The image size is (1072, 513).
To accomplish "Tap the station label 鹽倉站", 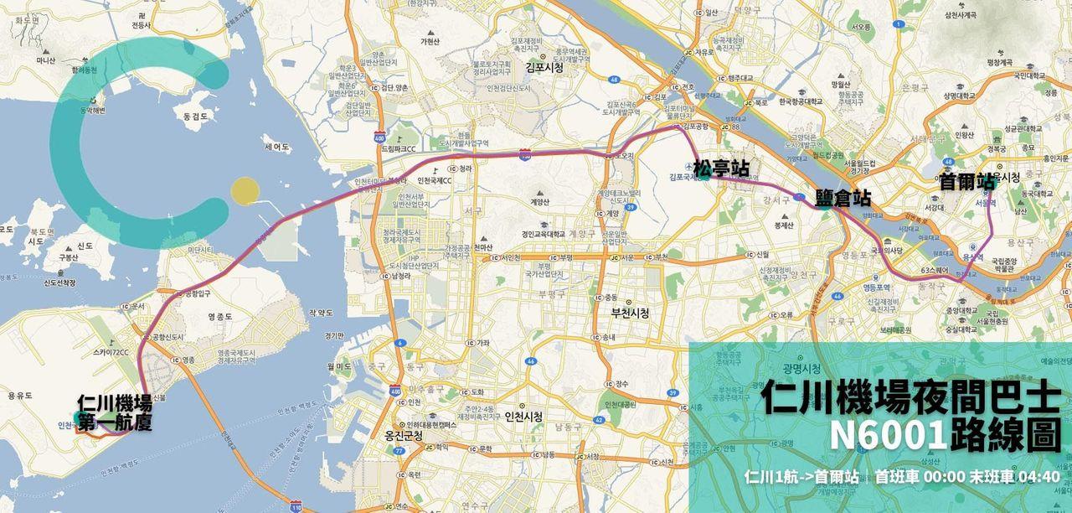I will (843, 199).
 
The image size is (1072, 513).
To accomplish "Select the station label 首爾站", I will (966, 181).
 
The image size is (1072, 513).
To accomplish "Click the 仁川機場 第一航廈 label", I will (114, 412).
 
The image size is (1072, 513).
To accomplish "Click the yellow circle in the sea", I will (244, 190).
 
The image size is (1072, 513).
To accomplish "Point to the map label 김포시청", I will (544, 68).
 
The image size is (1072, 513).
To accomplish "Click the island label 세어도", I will (276, 147).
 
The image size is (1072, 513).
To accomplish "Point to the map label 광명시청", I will (802, 369).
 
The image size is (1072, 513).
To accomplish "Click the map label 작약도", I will (322, 312).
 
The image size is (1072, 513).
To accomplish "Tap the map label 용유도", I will (19, 395).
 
